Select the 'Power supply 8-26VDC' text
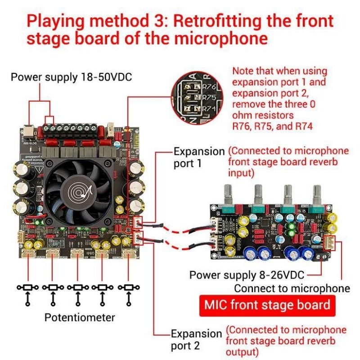point(247,274)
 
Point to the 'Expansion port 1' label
point(198,157)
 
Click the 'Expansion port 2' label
point(196,340)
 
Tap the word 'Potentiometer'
point(80,317)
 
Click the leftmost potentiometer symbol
point(28,287)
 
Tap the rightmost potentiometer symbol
point(129,287)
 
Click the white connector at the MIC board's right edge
point(332,243)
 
